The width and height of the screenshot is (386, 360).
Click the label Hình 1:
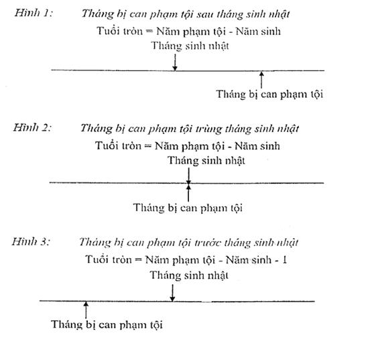34,13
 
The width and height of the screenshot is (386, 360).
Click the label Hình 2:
32,127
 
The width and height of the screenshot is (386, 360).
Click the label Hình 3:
31,241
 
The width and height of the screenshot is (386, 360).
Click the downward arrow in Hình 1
175,62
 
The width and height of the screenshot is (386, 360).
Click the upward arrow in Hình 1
261,80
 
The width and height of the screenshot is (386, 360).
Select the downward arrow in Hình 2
188,176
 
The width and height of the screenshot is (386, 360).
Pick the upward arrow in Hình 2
188,193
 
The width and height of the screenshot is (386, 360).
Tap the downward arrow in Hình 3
172,293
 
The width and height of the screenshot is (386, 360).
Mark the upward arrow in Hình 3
86,310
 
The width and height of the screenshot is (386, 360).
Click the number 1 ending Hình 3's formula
285,260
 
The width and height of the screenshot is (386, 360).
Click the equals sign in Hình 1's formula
149,32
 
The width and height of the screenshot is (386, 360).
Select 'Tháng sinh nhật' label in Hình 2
206,160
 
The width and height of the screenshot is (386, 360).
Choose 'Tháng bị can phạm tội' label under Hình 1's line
269,95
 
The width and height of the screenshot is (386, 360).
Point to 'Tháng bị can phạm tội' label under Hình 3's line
107,324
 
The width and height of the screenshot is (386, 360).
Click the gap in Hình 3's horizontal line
206,301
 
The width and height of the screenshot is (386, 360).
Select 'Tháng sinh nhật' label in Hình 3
189,276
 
